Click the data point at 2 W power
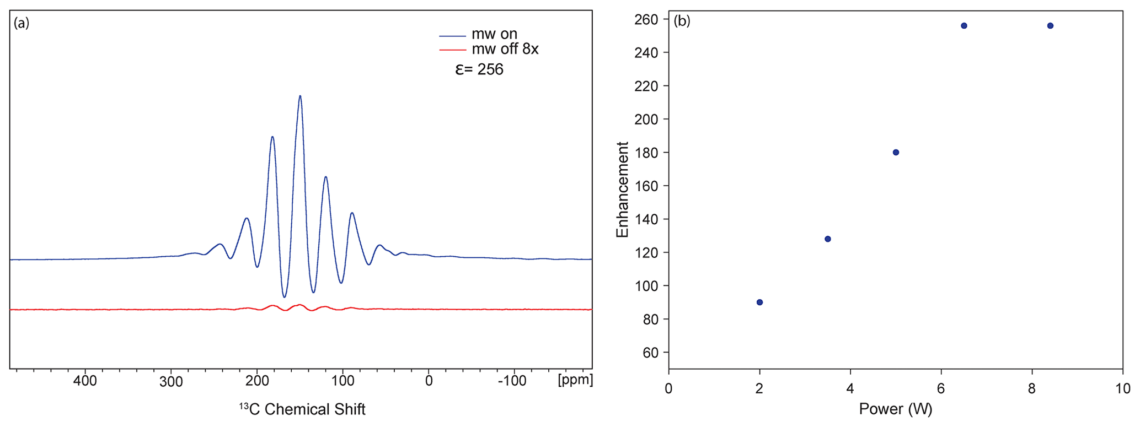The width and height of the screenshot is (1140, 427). click(759, 302)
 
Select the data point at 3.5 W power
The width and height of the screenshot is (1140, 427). click(827, 239)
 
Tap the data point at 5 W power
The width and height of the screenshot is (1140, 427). click(896, 153)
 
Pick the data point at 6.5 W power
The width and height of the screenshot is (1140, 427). click(964, 26)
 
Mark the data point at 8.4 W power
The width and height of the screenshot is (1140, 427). click(1050, 26)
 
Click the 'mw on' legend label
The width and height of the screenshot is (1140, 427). click(494, 34)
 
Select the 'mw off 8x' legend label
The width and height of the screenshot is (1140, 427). click(505, 50)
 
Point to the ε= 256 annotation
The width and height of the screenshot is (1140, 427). click(479, 69)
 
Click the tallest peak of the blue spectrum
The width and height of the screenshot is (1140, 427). click(300, 96)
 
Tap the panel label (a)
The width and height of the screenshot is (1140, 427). click(22, 23)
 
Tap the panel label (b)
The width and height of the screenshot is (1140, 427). click(682, 21)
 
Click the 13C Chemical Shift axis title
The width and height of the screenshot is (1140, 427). click(302, 409)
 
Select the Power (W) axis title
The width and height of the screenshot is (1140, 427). click(895, 409)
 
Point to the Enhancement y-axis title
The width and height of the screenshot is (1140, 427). click(623, 190)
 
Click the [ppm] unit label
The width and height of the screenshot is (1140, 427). click(575, 380)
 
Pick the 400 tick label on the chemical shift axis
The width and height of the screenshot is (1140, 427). click(85, 381)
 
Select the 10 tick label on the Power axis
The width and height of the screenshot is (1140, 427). click(1122, 388)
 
